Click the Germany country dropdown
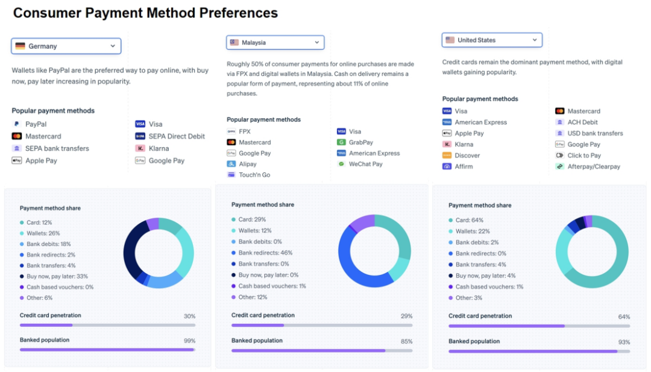coord(66,46)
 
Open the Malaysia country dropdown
coord(275,42)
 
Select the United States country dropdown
coord(491,40)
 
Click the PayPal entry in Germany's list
coord(36,124)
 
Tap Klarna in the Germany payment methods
coord(159,148)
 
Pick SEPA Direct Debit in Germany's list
coord(177,136)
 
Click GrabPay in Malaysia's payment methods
coord(360,142)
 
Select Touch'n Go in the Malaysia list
coord(254,175)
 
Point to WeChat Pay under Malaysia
coord(365,164)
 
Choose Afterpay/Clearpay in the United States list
coord(593,166)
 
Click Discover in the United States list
coord(467,156)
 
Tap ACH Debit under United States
coord(582,122)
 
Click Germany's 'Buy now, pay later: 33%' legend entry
coord(57,276)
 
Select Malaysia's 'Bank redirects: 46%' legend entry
coord(265,252)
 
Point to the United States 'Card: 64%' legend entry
coord(469,220)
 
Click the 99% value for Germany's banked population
coord(189,341)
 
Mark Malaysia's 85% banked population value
coord(406,341)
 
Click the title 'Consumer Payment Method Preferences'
coord(145,13)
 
